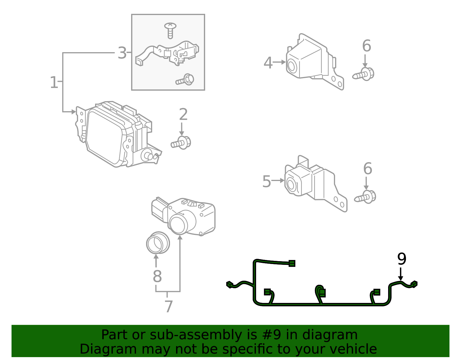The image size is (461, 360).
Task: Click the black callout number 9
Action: tap(401, 259)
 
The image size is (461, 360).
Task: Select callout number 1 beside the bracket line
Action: tap(54, 82)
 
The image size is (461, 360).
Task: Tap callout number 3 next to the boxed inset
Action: tap(122, 53)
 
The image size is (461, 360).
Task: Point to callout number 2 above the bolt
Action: tap(183, 115)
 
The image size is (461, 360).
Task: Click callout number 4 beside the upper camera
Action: tap(268, 63)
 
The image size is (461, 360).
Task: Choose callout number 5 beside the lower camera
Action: tap(267, 182)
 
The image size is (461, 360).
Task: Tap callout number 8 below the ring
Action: tap(157, 276)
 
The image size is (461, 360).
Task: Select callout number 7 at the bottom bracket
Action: tap(169, 306)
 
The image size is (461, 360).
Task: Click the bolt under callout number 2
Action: tap(181, 143)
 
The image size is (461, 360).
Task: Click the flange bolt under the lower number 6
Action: tap(366, 197)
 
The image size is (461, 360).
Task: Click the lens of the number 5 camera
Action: tap(291, 185)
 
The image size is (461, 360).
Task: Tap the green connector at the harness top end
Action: tap(292, 263)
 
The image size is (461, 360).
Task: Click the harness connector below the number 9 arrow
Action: tap(414, 284)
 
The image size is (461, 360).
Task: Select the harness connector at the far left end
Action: tap(230, 285)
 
